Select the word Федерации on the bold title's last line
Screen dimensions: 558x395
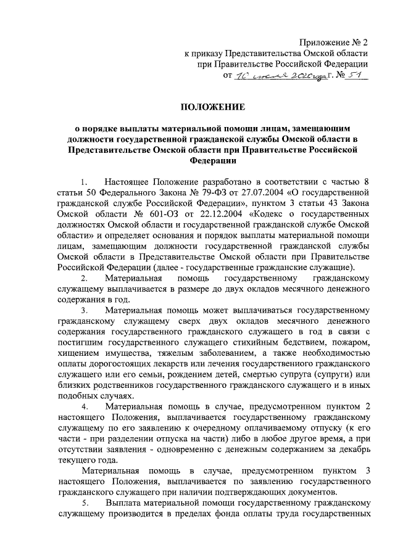click(x=214, y=162)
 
